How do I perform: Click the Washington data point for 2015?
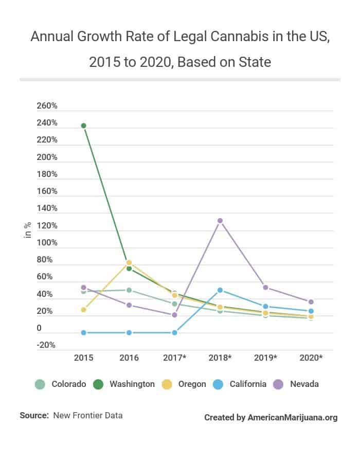[83, 126]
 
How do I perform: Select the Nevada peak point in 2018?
[220, 221]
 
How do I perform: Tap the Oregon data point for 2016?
[129, 262]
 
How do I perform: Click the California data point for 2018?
[220, 290]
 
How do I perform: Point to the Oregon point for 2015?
[83, 310]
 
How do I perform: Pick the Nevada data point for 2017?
[174, 315]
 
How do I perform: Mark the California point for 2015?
[83, 332]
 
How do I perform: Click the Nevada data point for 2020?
[311, 302]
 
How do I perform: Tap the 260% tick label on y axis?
[47, 106]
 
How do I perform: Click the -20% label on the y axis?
[46, 345]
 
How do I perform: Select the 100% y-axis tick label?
[47, 242]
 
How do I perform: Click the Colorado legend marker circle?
[40, 384]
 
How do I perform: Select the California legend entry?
[241, 384]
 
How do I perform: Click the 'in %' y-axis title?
[28, 229]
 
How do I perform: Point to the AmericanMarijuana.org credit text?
[292, 417]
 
